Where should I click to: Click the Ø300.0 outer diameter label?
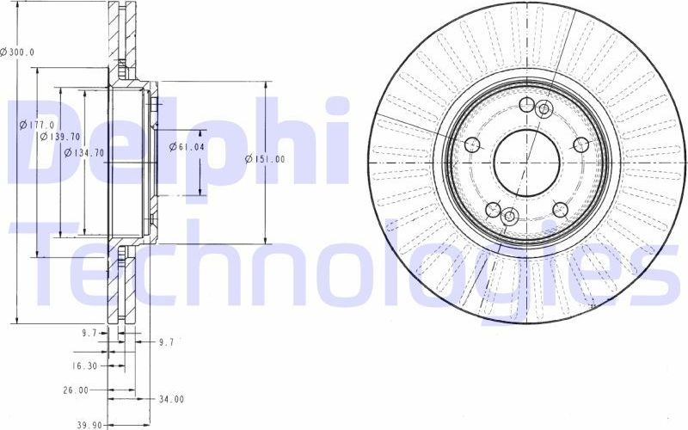18,52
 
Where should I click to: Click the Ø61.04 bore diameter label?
187,147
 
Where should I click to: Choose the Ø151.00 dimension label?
265,159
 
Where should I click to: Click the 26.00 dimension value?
76,390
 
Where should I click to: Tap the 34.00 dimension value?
172,398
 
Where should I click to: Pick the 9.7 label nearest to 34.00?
167,341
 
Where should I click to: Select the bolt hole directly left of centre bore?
471,144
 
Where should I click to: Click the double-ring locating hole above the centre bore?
544,108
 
